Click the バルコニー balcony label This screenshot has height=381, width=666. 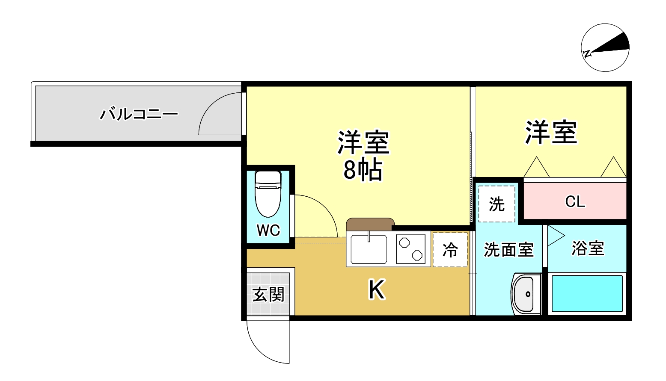(x=139, y=114)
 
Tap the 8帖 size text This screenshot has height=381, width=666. (x=363, y=170)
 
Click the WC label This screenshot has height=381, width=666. (x=268, y=230)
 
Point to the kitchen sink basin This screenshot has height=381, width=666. (x=369, y=249)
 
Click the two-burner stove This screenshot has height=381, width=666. (x=410, y=249)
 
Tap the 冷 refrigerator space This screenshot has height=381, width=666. (x=450, y=250)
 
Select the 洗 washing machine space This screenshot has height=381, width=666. (x=497, y=204)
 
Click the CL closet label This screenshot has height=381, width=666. (x=575, y=201)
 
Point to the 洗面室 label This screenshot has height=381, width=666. (x=508, y=250)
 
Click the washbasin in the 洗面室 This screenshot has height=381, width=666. (x=525, y=294)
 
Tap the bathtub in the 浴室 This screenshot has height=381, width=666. (x=587, y=294)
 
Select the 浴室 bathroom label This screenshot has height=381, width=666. (x=588, y=248)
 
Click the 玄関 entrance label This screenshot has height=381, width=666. (x=268, y=294)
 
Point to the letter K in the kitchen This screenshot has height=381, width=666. (x=377, y=289)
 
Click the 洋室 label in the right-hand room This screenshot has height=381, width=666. (x=551, y=133)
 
